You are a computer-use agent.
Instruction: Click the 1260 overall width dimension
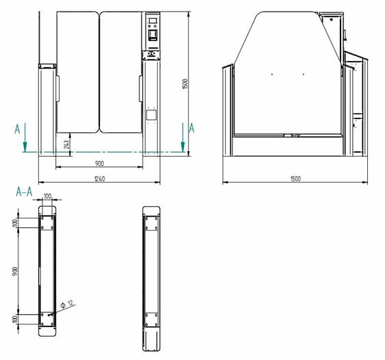[99, 179]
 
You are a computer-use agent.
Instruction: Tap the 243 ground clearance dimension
[67, 145]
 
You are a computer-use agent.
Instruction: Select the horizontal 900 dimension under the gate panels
[99, 164]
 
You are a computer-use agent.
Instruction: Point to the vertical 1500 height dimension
[185, 84]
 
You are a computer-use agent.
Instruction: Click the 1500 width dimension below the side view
[295, 179]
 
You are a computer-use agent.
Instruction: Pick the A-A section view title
[24, 192]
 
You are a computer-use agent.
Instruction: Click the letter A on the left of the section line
[17, 129]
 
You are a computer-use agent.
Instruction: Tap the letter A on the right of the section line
[191, 128]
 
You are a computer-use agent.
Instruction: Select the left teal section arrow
[25, 138]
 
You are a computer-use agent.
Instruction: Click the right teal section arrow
[183, 138]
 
